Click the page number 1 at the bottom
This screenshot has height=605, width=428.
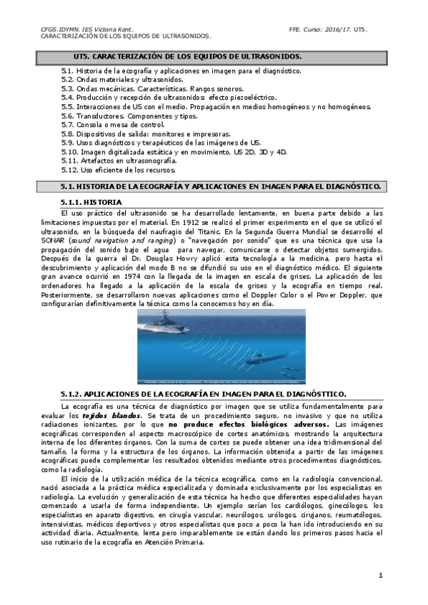(x=381, y=575)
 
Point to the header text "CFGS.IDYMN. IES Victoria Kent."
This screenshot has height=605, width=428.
(x=83, y=29)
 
